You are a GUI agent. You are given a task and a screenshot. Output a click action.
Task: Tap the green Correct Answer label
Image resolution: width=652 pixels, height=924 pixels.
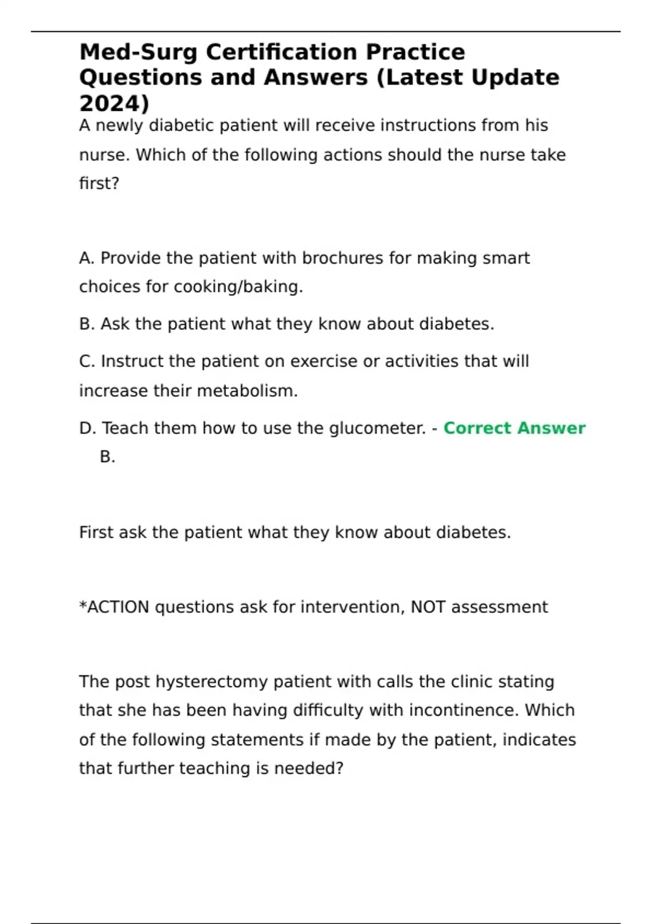pos(514,428)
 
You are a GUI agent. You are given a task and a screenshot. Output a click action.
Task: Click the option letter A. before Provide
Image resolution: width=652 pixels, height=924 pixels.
pos(87,258)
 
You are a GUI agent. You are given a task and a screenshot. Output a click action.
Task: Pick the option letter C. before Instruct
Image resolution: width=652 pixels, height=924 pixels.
pos(87,361)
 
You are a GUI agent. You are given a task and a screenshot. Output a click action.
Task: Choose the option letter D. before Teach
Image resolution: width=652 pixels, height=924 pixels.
pos(87,428)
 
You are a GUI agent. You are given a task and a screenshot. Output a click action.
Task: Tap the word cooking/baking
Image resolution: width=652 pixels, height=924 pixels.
pos(238,287)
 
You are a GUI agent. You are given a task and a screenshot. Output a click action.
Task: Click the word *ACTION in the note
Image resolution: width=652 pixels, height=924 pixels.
pos(114,607)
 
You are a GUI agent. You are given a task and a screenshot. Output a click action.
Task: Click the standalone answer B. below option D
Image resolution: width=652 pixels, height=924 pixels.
pos(108,457)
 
